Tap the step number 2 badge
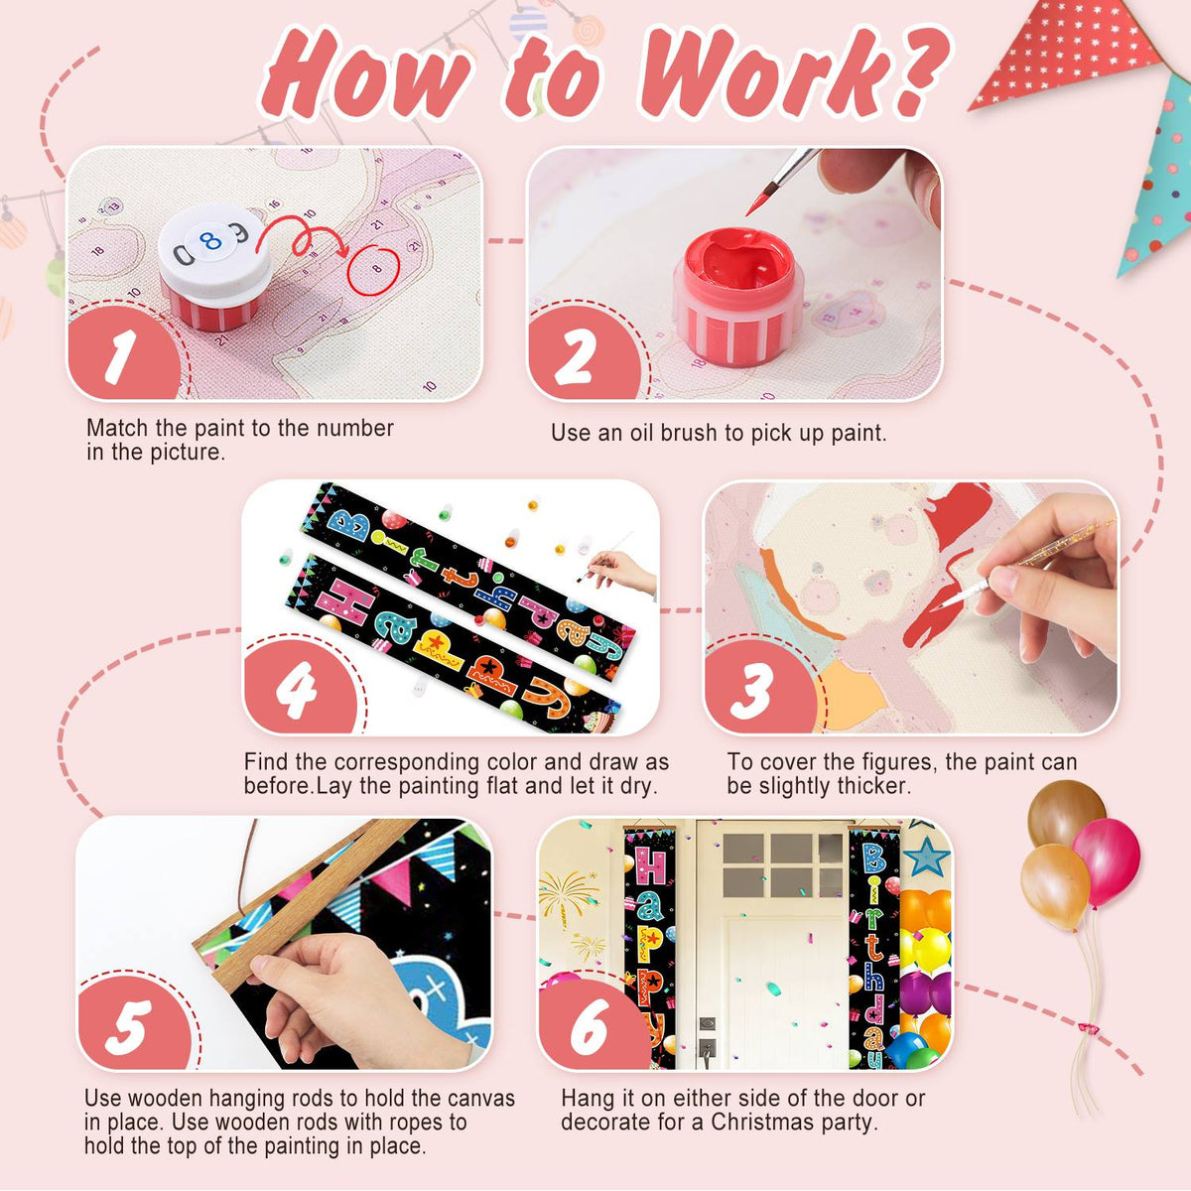pos(581,353)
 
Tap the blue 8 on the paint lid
pos(210,240)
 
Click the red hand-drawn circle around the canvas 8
pos(374,270)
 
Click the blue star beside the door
pos(926,857)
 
